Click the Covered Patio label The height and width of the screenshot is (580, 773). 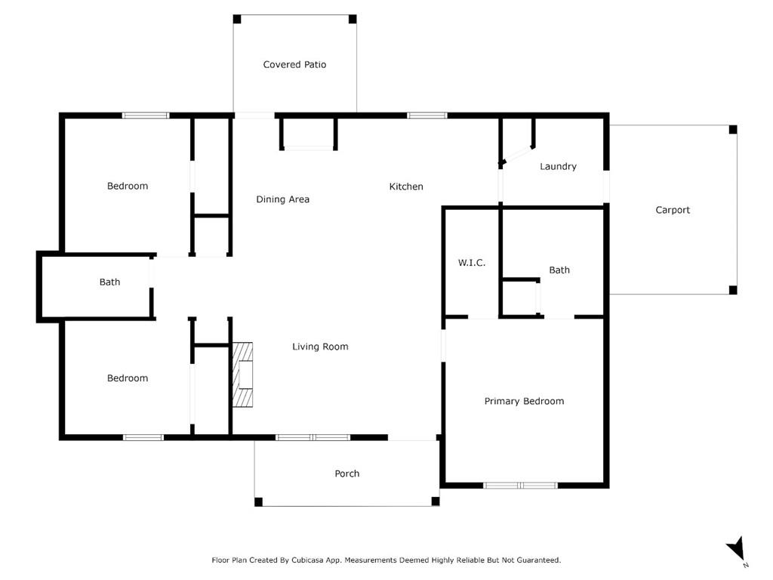pyautogui.click(x=294, y=65)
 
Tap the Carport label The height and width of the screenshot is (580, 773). pyautogui.click(x=672, y=210)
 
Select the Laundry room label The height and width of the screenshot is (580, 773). pyautogui.click(x=558, y=166)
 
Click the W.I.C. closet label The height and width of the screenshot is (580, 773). pyautogui.click(x=471, y=263)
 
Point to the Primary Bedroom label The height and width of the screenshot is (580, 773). pyautogui.click(x=524, y=401)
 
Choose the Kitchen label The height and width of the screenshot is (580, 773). pyautogui.click(x=406, y=187)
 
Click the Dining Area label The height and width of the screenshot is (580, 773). pyautogui.click(x=282, y=199)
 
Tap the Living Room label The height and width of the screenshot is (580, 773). pyautogui.click(x=320, y=347)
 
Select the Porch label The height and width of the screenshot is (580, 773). pyautogui.click(x=346, y=474)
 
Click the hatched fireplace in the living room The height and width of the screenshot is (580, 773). pyautogui.click(x=243, y=375)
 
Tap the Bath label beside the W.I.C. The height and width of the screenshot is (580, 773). pyautogui.click(x=559, y=270)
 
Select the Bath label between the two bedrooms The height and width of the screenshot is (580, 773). pyautogui.click(x=109, y=282)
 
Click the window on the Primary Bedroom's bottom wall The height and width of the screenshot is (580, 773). pyautogui.click(x=520, y=485)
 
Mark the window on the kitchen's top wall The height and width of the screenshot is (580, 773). pyautogui.click(x=427, y=116)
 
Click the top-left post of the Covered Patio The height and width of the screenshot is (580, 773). pyautogui.click(x=237, y=19)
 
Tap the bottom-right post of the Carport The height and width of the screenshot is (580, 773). pyautogui.click(x=732, y=290)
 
